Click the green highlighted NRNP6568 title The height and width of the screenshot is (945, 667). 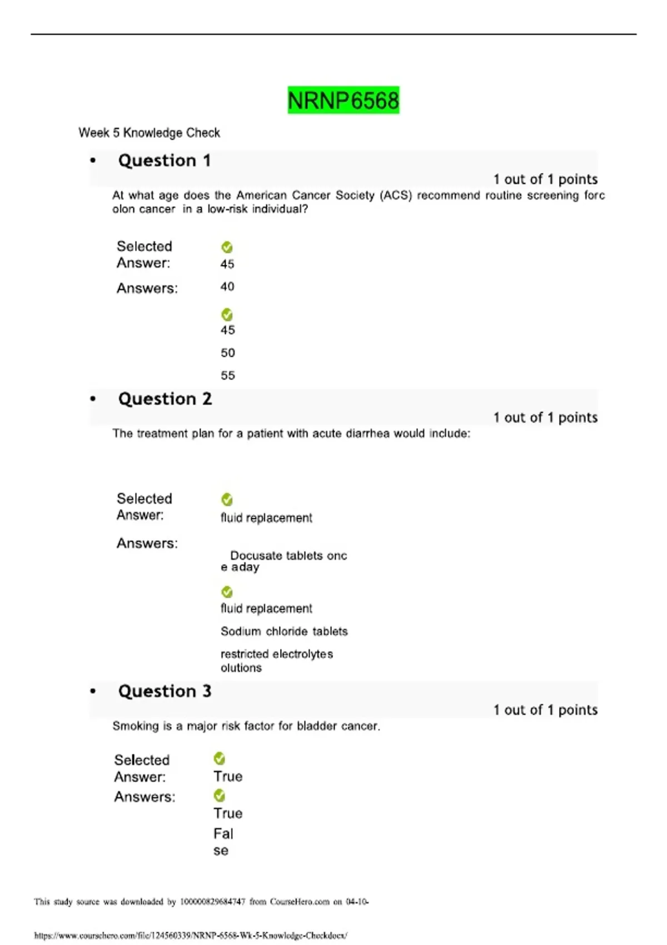343,101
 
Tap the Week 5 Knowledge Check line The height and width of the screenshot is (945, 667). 149,133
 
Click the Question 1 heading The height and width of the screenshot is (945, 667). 165,161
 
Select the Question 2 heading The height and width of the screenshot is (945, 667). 165,399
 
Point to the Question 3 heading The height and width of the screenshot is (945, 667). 165,692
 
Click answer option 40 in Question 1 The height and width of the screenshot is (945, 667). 227,287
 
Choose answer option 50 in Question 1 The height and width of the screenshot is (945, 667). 228,353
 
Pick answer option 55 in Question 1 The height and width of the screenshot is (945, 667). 228,376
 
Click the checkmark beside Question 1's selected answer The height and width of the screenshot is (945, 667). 227,247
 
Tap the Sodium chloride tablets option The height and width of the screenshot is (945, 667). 284,631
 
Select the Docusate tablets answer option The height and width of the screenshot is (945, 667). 283,561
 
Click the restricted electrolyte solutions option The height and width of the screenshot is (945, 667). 276,660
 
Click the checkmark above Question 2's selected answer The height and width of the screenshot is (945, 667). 227,500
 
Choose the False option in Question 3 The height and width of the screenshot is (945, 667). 223,841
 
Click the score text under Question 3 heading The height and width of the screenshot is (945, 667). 545,710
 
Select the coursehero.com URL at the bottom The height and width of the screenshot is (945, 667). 191,936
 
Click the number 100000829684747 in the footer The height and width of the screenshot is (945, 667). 212,902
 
